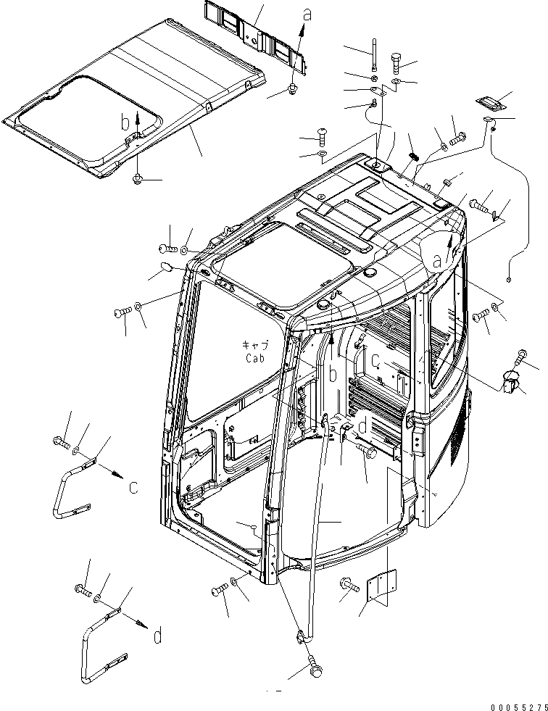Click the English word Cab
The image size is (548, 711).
coord(254,357)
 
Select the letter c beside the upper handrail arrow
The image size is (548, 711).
coord(133,488)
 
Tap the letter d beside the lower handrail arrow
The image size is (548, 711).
coord(157,636)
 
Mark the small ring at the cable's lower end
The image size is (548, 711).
coord(510,280)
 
